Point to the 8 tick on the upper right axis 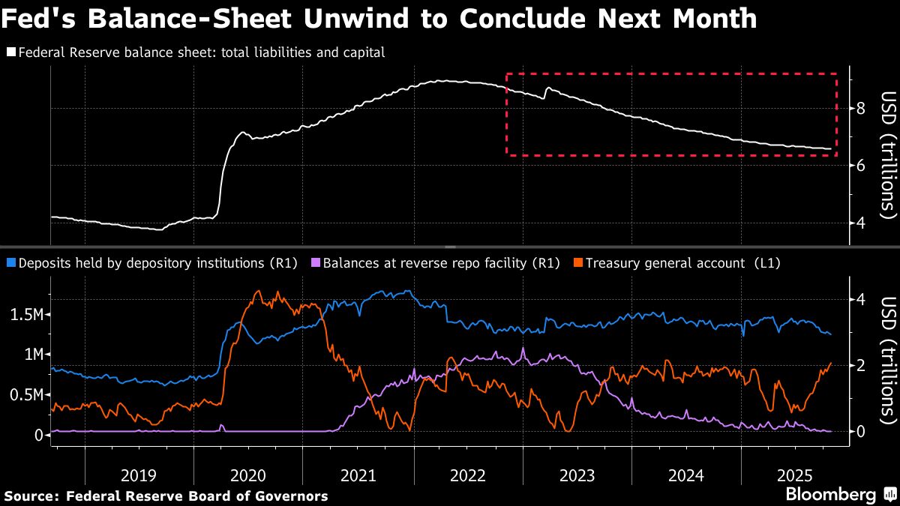pyautogui.click(x=861, y=108)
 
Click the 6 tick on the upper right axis pyautogui.click(x=861, y=165)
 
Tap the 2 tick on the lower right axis pyautogui.click(x=861, y=365)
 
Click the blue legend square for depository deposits pyautogui.click(x=10, y=263)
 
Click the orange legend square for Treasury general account pyautogui.click(x=577, y=263)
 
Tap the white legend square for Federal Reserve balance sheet pyautogui.click(x=10, y=52)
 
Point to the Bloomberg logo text pyautogui.click(x=830, y=494)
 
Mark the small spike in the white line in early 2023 pyautogui.click(x=547, y=88)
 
